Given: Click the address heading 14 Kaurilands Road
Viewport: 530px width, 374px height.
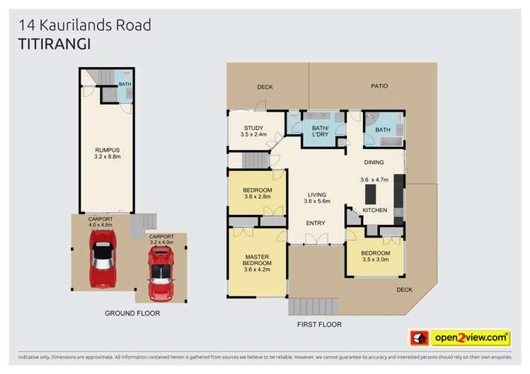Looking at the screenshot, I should click(84, 25).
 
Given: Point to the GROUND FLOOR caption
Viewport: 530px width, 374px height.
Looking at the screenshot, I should click(132, 312).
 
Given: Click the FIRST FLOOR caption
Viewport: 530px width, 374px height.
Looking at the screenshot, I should click(318, 325).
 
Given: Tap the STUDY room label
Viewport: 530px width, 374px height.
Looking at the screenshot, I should click(253, 128).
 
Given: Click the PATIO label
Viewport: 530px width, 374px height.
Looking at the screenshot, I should click(380, 86).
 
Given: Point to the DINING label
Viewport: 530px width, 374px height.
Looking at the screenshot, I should click(374, 163).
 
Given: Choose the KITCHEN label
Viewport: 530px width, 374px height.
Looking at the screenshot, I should click(375, 211).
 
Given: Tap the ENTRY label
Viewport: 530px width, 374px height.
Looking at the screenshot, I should click(315, 223).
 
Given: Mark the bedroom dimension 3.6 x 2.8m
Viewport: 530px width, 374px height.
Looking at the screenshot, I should click(257, 197).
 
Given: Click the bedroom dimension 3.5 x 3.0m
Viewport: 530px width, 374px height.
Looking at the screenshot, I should click(375, 259).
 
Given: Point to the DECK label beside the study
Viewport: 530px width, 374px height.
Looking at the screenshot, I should click(265, 87).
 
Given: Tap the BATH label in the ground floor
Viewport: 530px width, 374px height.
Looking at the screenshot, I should click(125, 84).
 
